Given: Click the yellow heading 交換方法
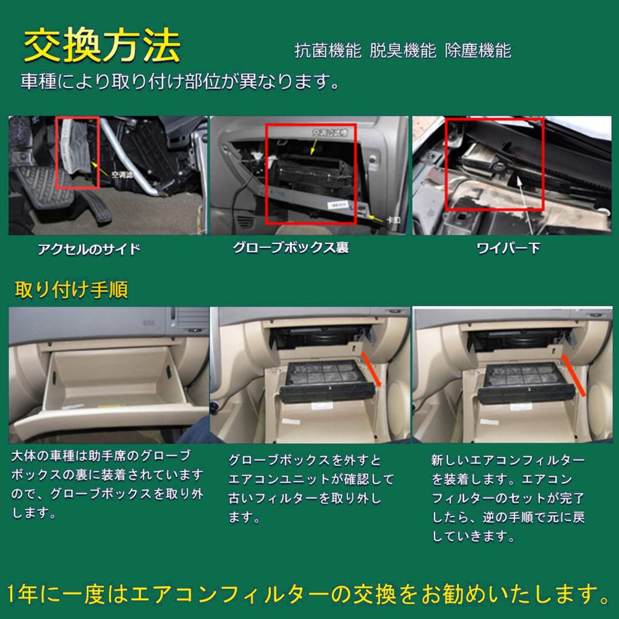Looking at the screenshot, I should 102,47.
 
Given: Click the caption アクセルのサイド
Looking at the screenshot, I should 89,249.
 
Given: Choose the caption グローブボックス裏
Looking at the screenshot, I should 291,248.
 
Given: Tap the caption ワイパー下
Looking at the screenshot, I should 508,248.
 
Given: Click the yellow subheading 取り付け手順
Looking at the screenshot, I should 71,290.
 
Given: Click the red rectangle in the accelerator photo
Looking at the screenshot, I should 77,152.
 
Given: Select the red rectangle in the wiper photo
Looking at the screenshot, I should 494,164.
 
